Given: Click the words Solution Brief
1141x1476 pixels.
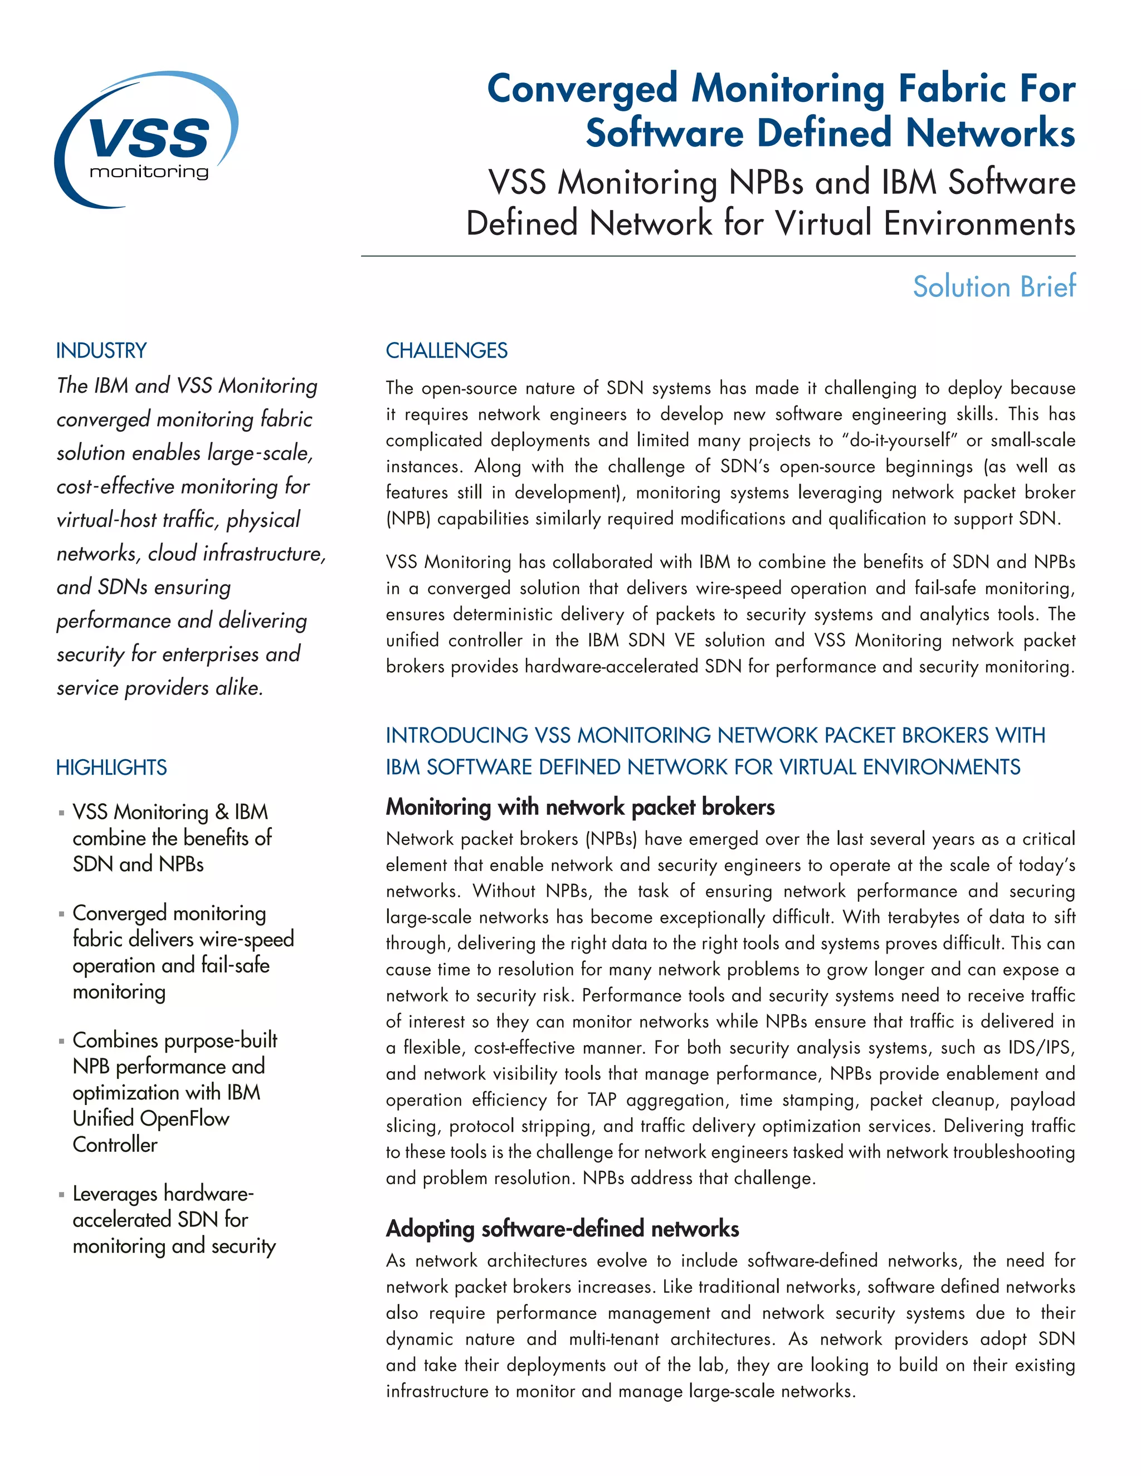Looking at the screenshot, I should point(994,286).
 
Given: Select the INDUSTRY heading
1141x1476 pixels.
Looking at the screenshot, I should point(101,351).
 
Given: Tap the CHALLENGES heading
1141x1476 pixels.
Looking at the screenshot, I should point(446,351).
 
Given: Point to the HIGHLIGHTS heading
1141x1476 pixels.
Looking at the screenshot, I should point(111,768).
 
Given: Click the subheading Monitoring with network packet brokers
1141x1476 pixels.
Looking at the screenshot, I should point(580,807).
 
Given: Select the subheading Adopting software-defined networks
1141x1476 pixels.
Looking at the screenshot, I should point(562,1229).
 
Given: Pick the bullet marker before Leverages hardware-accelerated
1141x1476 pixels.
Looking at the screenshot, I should point(61,1195).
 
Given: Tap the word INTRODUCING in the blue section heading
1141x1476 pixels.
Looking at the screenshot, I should point(457,735).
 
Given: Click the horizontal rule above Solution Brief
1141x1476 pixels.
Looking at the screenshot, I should point(718,256).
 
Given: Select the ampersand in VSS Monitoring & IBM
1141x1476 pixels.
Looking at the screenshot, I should point(222,812).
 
